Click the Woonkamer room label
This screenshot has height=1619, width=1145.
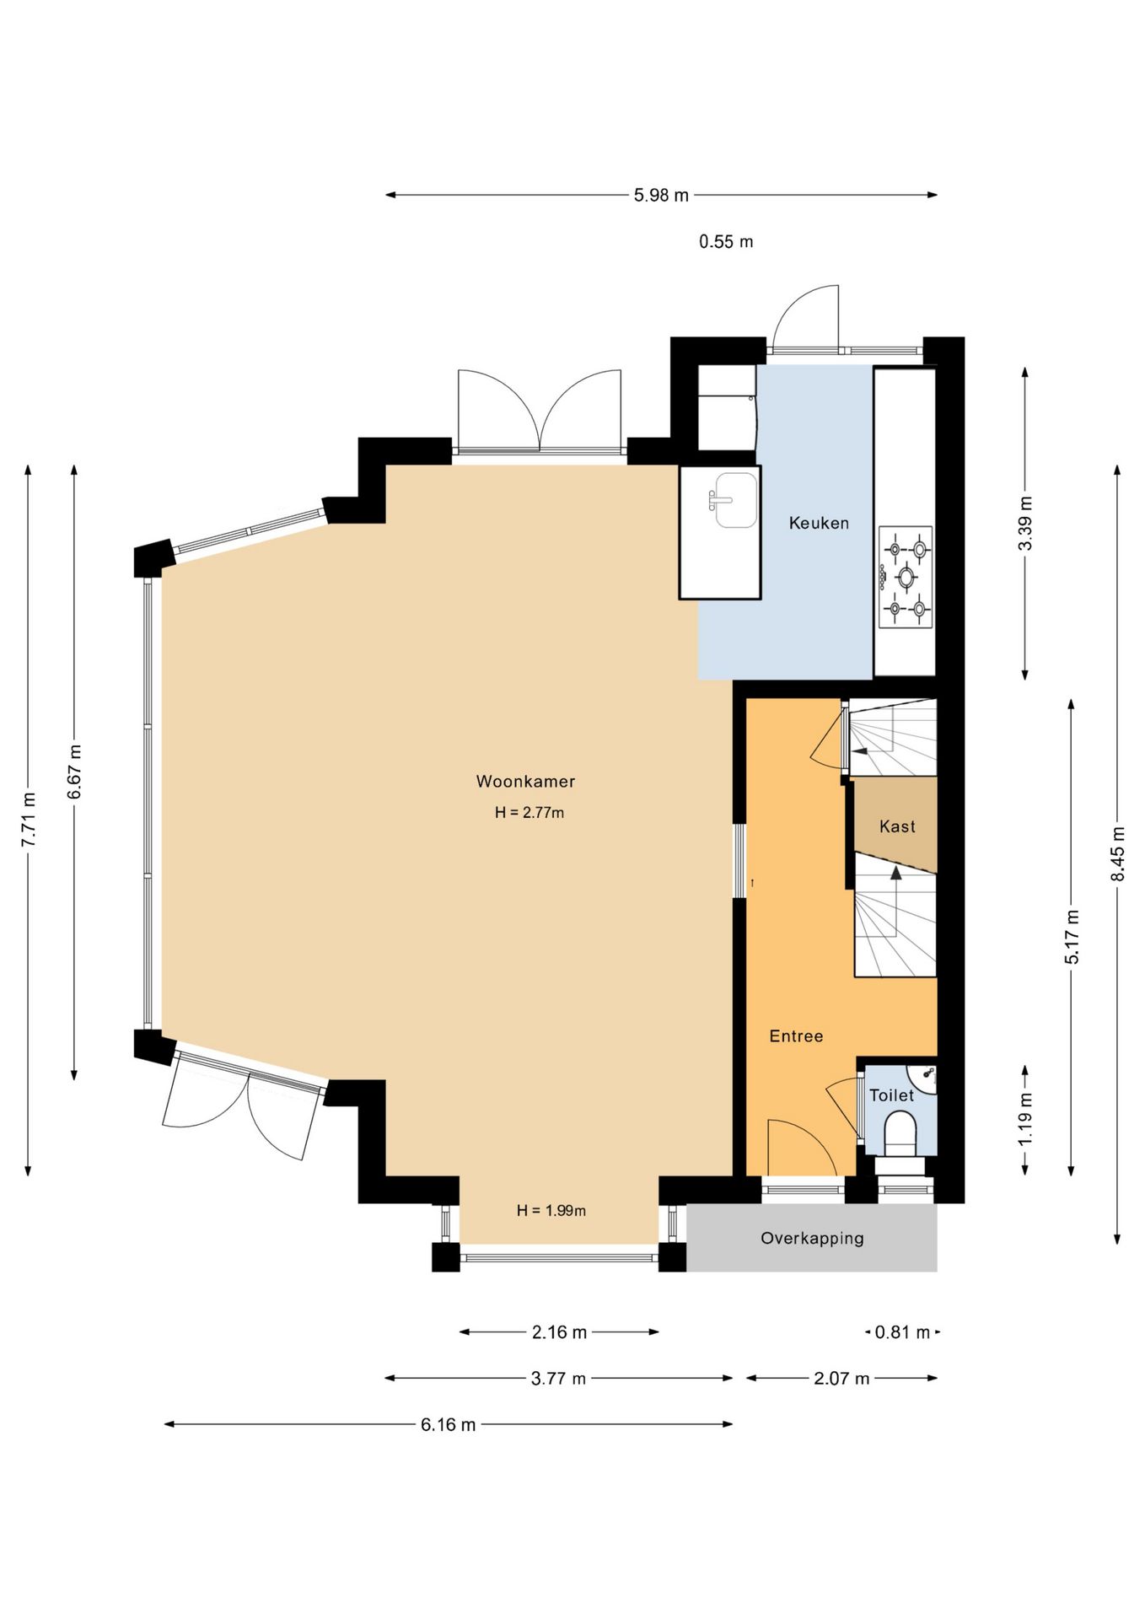click(x=525, y=781)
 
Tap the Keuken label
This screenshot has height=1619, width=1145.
click(x=819, y=523)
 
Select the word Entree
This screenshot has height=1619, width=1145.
click(x=796, y=1035)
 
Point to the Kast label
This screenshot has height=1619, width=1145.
click(x=897, y=826)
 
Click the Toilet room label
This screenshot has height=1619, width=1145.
click(x=891, y=1095)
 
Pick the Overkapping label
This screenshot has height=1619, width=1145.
click(x=812, y=1238)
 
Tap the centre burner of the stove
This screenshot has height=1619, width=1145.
click(x=906, y=577)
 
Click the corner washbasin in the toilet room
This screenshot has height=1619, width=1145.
click(x=925, y=1077)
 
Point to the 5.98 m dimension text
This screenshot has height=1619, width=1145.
click(x=661, y=195)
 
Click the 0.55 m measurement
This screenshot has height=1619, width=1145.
click(x=726, y=241)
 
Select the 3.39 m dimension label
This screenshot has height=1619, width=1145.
click(x=1025, y=524)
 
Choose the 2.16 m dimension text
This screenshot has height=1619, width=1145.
click(x=559, y=1332)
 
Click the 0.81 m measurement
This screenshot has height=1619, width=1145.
click(x=902, y=1332)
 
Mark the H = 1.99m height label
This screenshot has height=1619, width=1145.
click(x=551, y=1211)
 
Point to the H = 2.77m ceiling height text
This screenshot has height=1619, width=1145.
click(x=529, y=813)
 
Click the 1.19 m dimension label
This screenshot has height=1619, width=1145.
click(x=1025, y=1119)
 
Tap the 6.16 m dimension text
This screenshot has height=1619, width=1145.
click(x=449, y=1424)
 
